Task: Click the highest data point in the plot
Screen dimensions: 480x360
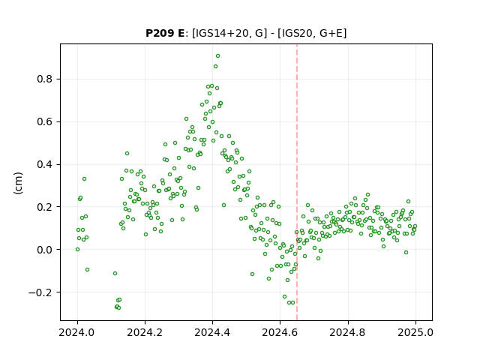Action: (217, 56)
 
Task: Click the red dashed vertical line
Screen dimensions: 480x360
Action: (297, 182)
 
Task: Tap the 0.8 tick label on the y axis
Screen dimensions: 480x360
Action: (45, 79)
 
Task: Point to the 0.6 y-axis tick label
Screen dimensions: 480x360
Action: (45, 121)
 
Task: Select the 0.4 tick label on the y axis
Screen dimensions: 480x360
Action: (45, 165)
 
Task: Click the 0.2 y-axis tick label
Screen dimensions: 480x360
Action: (45, 207)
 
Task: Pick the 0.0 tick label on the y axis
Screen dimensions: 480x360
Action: (45, 250)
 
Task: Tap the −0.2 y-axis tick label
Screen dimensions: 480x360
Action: (40, 292)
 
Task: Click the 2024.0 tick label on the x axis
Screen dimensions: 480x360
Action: (77, 332)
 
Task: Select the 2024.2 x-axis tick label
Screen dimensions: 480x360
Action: (145, 332)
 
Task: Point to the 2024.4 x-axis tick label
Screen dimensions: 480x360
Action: (212, 332)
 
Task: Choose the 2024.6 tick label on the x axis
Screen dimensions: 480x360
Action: (280, 332)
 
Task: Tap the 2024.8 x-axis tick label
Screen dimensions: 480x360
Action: (348, 332)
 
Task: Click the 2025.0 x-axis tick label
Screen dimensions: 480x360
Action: (415, 332)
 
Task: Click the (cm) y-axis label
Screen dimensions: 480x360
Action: (19, 183)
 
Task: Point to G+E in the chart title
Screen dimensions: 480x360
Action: (331, 33)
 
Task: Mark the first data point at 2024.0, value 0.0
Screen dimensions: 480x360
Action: (77, 250)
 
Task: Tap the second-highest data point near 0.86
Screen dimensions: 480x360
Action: (215, 67)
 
